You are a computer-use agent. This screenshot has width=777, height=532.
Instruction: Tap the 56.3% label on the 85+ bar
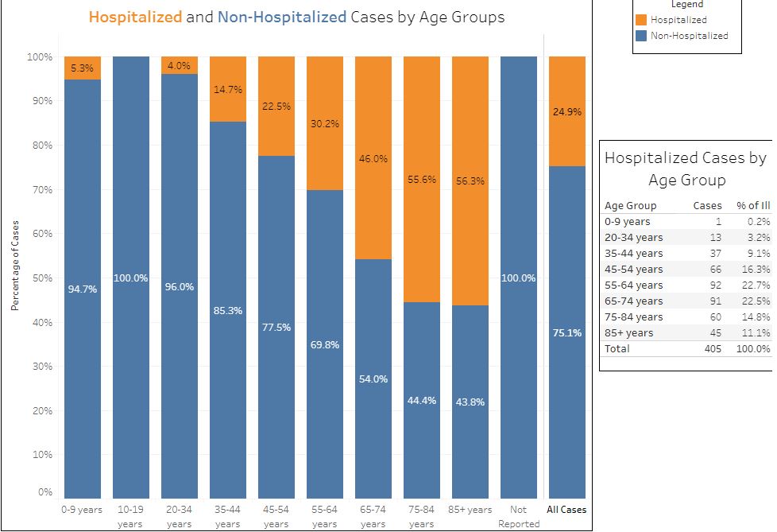[470, 181]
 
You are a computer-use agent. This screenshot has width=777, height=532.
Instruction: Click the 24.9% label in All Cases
[567, 112]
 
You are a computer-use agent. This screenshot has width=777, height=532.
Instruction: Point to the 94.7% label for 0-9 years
[83, 289]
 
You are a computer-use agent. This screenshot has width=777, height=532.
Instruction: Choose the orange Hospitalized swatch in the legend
[641, 20]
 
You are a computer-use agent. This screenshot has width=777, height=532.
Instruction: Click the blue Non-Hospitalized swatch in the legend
[641, 35]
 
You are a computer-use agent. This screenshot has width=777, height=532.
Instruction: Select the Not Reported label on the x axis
[518, 517]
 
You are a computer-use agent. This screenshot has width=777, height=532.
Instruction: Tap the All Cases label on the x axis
[566, 510]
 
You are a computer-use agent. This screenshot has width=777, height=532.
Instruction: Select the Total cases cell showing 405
[711, 348]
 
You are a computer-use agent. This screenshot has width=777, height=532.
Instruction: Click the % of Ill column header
[753, 205]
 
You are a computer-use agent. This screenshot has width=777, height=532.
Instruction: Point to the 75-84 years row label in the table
[633, 316]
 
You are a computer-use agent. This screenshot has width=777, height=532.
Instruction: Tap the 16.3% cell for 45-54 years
[755, 269]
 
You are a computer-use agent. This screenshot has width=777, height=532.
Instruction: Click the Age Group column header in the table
[630, 205]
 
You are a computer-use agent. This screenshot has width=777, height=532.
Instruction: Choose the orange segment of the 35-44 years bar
[228, 89]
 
